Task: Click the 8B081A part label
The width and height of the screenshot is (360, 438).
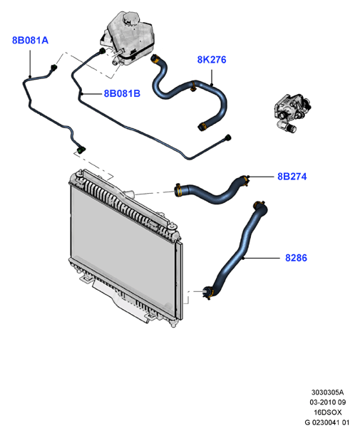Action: click(30, 41)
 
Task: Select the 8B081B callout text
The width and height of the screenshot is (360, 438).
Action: click(122, 93)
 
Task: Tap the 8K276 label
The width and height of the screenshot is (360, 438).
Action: click(212, 60)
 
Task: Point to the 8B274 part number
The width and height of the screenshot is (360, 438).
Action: click(292, 177)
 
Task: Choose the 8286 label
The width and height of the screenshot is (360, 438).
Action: click(296, 258)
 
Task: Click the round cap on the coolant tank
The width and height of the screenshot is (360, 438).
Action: click(130, 18)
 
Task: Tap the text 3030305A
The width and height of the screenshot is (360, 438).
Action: click(327, 392)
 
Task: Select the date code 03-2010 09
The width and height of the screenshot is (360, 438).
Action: click(328, 402)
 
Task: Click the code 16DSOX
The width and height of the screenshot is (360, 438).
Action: click(328, 412)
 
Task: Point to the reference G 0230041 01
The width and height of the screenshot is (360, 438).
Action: click(327, 422)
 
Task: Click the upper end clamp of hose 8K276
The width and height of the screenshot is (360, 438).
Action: click(155, 59)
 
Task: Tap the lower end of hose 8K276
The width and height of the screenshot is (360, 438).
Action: click(202, 127)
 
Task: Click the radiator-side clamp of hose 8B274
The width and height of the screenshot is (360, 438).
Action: click(178, 190)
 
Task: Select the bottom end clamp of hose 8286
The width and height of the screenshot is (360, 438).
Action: click(208, 293)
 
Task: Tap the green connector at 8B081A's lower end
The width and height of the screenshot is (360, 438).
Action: click(81, 150)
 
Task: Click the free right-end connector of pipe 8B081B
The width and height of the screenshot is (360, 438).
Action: click(228, 138)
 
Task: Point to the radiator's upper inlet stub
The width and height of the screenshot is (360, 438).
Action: click(130, 193)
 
